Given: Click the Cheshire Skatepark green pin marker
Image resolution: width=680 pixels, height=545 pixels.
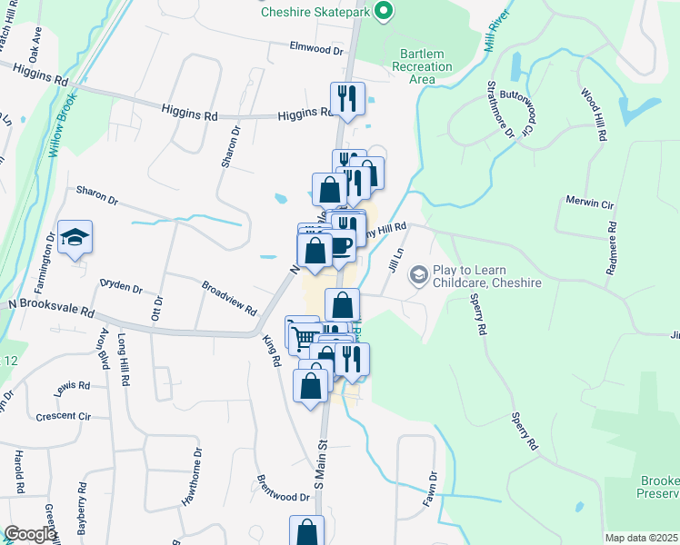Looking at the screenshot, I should [x=384, y=12].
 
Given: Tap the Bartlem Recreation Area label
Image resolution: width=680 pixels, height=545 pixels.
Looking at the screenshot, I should [x=422, y=66].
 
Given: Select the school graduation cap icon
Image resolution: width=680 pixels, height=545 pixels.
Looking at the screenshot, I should [x=75, y=239].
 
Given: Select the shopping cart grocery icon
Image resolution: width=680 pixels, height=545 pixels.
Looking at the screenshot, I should [x=304, y=337].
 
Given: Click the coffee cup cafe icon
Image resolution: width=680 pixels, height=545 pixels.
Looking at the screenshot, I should [x=340, y=244].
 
